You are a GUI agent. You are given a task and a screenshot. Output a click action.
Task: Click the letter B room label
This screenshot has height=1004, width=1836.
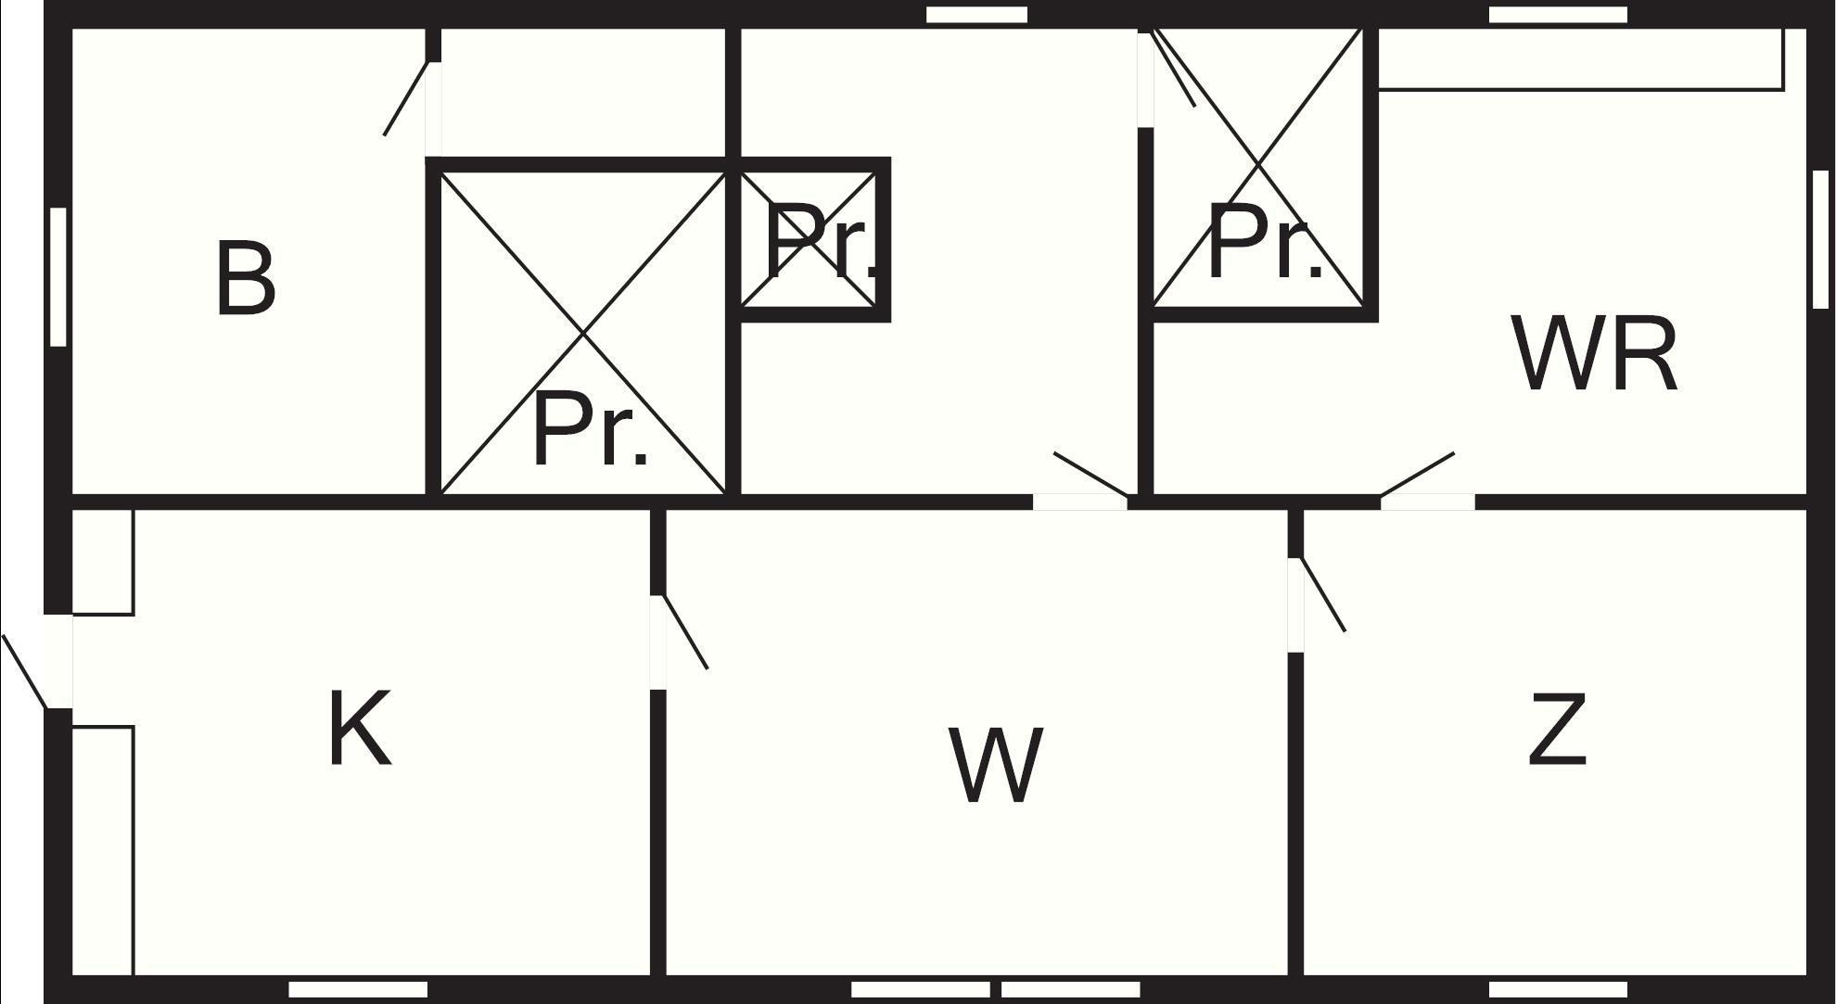pos(246,278)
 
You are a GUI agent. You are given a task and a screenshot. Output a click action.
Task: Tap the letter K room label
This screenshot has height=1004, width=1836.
pos(360,729)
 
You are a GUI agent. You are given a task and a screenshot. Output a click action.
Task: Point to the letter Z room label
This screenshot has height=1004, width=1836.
pos(1557,730)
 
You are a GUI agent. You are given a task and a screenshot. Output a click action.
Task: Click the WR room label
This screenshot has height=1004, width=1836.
pos(1595,353)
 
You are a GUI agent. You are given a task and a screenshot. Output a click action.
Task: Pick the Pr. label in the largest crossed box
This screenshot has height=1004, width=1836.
pos(591,429)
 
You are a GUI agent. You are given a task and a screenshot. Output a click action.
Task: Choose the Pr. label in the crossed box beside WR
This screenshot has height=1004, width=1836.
pos(1266,241)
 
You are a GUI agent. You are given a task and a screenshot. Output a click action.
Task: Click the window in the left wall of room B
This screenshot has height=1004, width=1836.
pos(58,276)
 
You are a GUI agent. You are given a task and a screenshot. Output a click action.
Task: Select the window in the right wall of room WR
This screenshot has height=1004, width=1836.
pos(1820,239)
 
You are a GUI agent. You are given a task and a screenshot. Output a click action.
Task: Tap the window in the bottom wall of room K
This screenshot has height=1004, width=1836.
pos(358,989)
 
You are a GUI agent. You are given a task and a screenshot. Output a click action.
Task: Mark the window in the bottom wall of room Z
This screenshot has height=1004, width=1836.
pos(1558,989)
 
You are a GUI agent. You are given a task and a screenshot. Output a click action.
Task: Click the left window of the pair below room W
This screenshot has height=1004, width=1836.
pos(920,989)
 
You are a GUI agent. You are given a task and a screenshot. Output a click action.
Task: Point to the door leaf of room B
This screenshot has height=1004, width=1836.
pos(406,98)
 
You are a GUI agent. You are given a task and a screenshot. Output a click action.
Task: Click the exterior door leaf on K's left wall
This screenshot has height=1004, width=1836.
pos(25,672)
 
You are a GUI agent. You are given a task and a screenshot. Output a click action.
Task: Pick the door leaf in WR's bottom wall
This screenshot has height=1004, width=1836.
pos(1417,476)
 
